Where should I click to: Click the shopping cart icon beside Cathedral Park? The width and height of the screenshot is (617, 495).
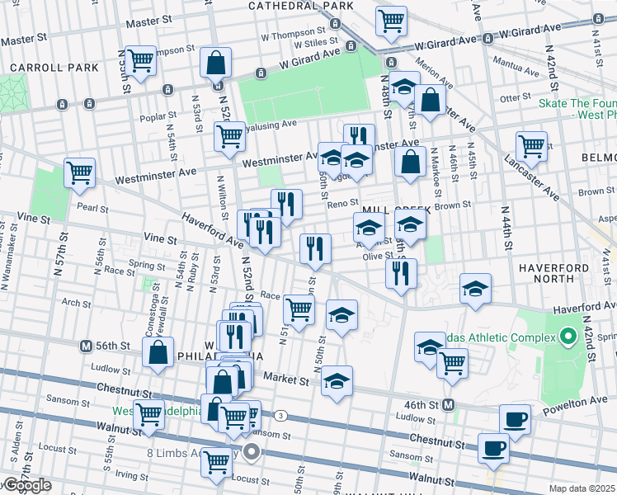[x=391, y=21]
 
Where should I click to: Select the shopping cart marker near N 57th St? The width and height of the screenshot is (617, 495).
[x=80, y=173]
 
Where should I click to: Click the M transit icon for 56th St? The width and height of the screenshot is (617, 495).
[x=84, y=345]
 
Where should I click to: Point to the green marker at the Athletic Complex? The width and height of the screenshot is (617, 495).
[x=568, y=337]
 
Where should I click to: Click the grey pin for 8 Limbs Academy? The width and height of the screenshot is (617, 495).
[x=252, y=451]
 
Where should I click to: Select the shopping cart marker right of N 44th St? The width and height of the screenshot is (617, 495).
[x=531, y=146]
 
